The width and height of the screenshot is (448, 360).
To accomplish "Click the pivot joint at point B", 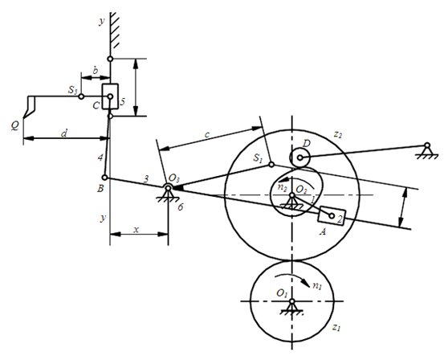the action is click(x=105, y=178).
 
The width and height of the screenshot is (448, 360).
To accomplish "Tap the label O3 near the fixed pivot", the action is click(x=173, y=178).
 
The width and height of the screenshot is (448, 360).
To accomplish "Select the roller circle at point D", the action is click(x=299, y=157).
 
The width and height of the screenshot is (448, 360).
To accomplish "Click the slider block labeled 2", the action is click(x=332, y=216).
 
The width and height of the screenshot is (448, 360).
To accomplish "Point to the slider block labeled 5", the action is click(x=110, y=96).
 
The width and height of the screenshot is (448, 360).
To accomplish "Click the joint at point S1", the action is click(x=271, y=165).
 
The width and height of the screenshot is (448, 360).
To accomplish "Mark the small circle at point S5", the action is click(x=81, y=96).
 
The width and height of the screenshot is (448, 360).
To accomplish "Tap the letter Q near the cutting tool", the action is click(x=15, y=125).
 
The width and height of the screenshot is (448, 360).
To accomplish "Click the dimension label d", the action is click(x=64, y=133).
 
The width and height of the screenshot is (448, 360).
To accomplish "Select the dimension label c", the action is click(x=207, y=134).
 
